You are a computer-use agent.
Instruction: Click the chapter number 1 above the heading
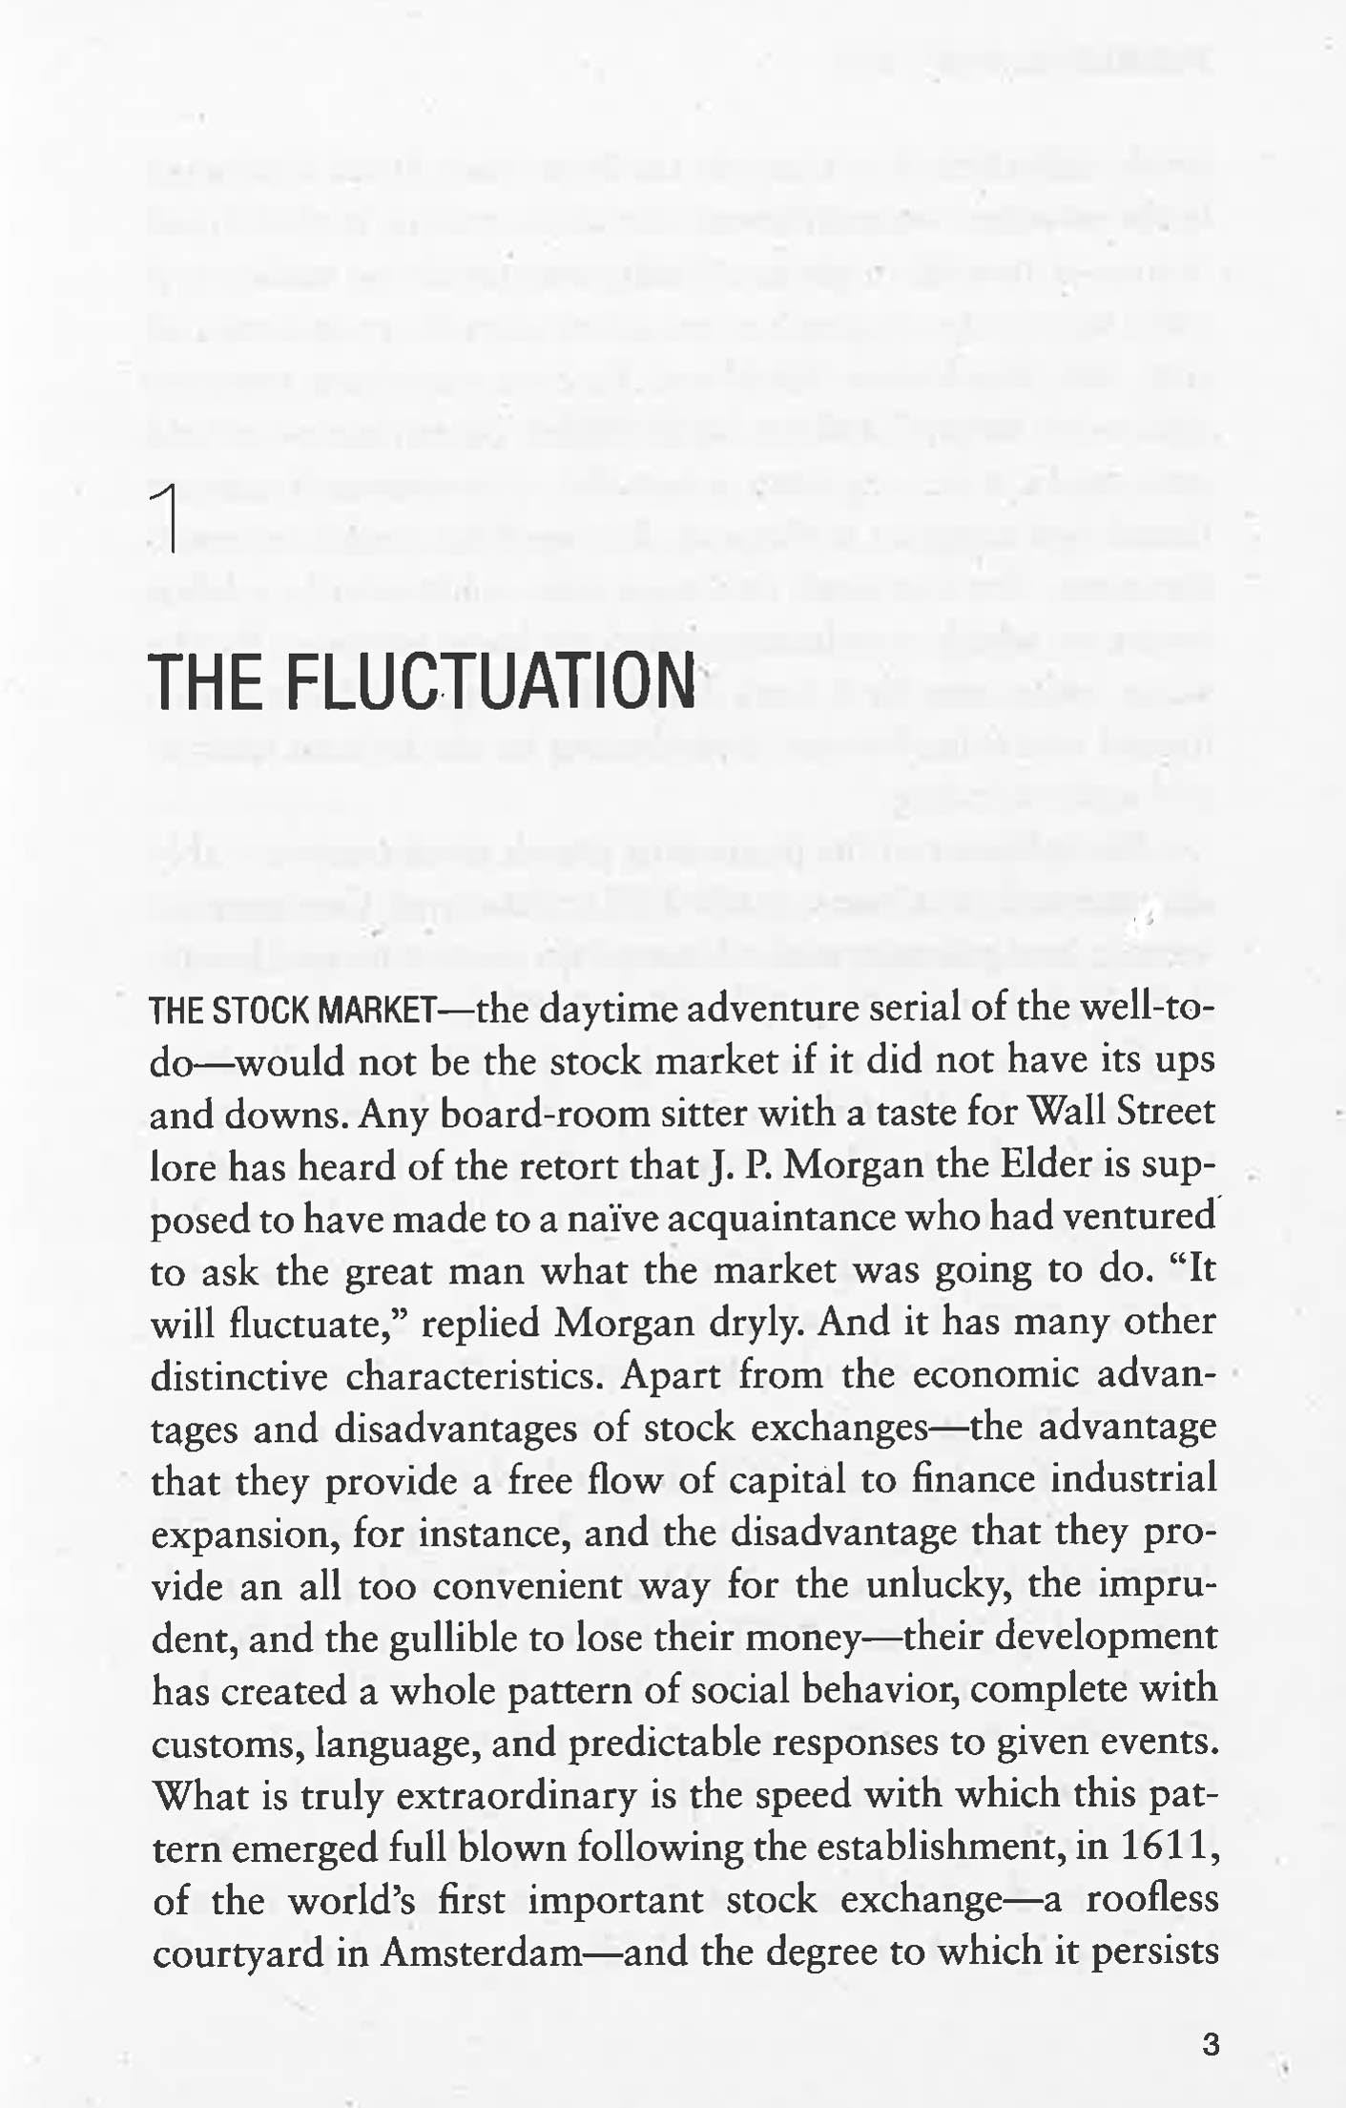(168, 519)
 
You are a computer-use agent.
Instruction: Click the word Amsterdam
(481, 1953)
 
